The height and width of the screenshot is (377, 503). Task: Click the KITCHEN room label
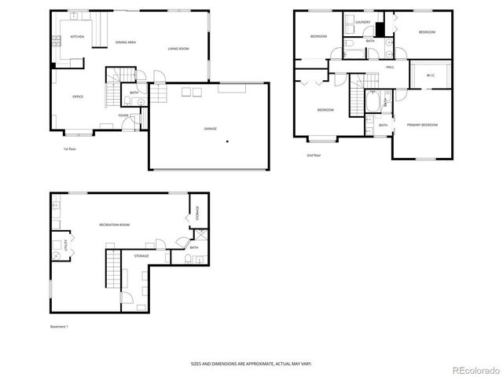point(77,37)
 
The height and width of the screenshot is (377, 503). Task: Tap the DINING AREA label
point(126,42)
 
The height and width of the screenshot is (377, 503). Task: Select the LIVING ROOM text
point(178,49)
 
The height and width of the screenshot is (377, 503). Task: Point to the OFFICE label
point(78,97)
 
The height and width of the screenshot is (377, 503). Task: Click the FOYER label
point(123,115)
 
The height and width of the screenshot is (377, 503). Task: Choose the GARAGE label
point(211,128)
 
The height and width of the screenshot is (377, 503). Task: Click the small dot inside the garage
point(228,141)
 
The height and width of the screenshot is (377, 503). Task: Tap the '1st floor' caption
point(70,148)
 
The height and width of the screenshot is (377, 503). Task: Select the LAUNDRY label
point(362,22)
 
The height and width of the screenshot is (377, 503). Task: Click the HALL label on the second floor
point(390,68)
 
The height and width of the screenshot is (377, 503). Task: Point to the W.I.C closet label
point(431,75)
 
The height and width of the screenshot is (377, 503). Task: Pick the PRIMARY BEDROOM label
point(422,125)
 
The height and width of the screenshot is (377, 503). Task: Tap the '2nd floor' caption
point(314,156)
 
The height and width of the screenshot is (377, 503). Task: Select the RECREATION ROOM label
point(114,225)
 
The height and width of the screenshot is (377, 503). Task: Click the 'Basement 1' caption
point(59,326)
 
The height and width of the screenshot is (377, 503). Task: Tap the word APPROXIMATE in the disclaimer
point(259,364)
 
